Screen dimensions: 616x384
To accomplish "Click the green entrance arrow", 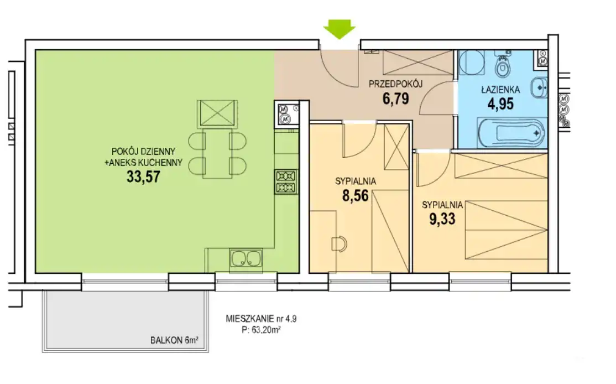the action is tap(340, 30).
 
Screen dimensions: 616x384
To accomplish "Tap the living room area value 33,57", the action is tap(143, 177).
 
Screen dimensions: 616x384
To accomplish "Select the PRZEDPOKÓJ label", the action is tap(395, 84).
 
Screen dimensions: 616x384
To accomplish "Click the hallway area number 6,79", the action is tap(395, 98).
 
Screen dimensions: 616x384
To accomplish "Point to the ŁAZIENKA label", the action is tap(500, 90).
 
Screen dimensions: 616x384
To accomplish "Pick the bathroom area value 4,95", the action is tap(500, 104).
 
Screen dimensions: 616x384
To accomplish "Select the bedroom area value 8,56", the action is tap(356, 195).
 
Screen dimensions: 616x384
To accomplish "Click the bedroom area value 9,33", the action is tap(442, 219).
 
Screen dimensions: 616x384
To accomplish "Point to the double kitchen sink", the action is tap(246, 259).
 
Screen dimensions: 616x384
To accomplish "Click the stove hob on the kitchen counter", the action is tap(286, 181).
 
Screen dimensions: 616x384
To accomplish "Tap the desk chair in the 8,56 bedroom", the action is tap(339, 244).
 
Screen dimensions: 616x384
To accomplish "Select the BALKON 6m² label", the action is tap(174, 340).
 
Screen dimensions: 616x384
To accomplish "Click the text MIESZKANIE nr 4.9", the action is tap(261, 319).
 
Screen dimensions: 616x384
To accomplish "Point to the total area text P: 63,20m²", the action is tap(261, 330).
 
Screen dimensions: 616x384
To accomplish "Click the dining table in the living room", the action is tap(217, 153).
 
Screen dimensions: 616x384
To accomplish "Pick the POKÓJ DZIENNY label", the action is tap(143, 151).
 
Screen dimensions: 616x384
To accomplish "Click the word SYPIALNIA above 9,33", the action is tap(442, 205).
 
